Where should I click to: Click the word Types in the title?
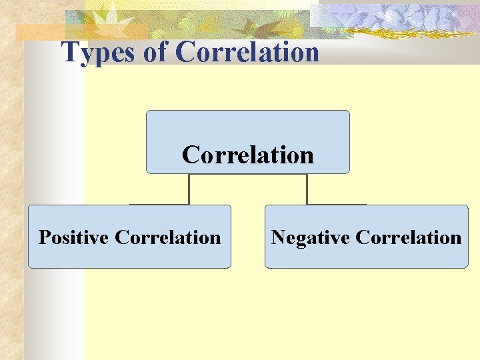tap(100, 52)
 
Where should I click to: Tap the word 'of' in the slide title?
tap(156, 52)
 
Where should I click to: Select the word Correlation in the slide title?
tap(248, 52)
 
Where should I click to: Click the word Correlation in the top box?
tap(248, 155)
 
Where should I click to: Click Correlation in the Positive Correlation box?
tap(167, 237)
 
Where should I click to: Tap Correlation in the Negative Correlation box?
tap(408, 237)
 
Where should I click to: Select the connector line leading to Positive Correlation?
tap(189, 189)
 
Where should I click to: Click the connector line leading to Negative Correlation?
tap(307, 189)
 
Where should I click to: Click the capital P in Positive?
tap(44, 237)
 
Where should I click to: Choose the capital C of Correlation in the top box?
tap(191, 155)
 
